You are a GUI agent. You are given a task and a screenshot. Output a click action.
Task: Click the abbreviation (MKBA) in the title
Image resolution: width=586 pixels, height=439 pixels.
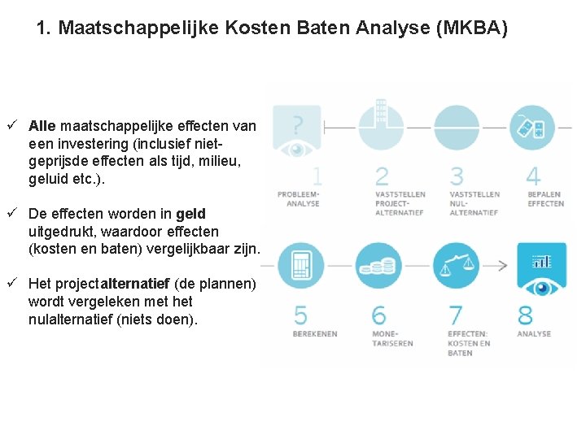(472, 29)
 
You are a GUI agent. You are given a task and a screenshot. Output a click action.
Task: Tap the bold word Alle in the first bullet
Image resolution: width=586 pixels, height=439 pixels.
(42, 126)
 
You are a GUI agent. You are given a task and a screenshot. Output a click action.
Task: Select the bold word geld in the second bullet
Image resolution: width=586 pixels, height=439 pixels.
(190, 214)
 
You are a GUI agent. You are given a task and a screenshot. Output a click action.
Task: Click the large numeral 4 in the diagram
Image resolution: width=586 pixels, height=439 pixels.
(533, 175)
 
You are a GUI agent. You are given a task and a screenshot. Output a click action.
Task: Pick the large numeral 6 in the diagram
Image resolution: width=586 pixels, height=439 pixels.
(378, 314)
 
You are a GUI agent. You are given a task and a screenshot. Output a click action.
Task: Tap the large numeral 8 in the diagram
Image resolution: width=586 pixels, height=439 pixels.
(526, 314)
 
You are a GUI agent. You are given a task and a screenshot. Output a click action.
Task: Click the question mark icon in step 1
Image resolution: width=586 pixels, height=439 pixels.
(299, 124)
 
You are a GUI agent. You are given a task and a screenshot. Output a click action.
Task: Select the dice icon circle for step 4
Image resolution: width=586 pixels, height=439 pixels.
(532, 128)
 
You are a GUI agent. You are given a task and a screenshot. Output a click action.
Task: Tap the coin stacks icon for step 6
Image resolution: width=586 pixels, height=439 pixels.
(378, 266)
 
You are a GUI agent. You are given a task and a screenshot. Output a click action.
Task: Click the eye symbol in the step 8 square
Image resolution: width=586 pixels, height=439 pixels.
(541, 287)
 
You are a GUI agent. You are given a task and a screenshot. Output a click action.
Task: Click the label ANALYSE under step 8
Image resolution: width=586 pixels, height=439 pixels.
(534, 334)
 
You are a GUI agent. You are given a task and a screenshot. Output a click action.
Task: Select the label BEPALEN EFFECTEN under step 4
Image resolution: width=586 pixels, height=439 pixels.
(545, 199)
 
